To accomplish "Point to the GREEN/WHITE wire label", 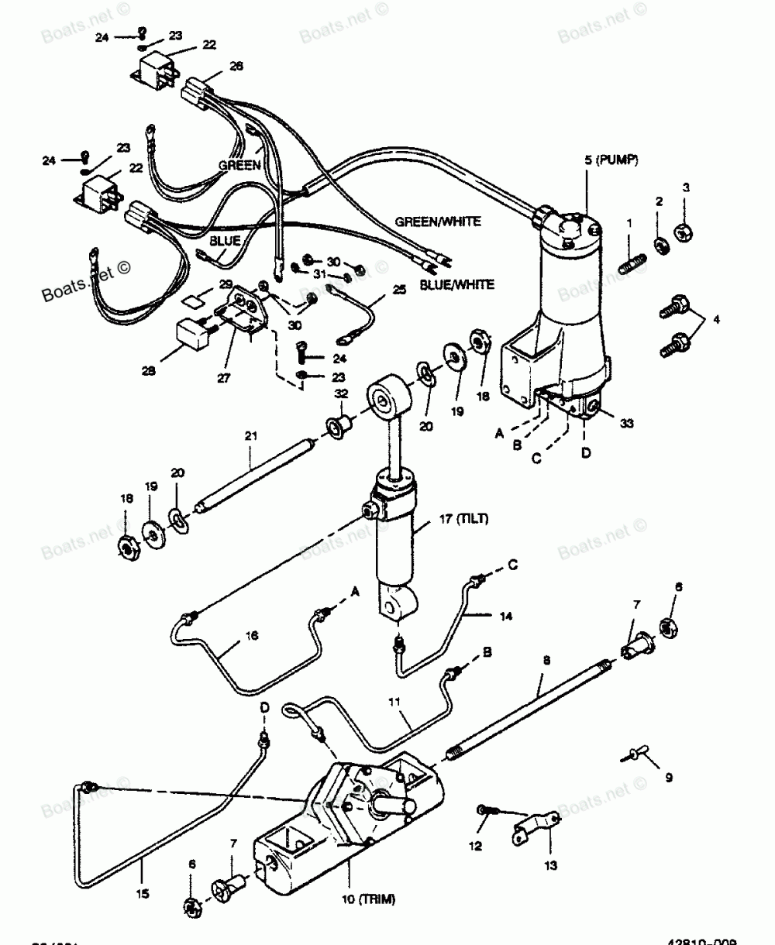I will click(x=438, y=222).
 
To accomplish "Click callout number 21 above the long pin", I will click(x=250, y=436).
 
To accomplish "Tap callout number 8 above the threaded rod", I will click(x=546, y=661).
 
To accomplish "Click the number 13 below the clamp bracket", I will click(x=551, y=865).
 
